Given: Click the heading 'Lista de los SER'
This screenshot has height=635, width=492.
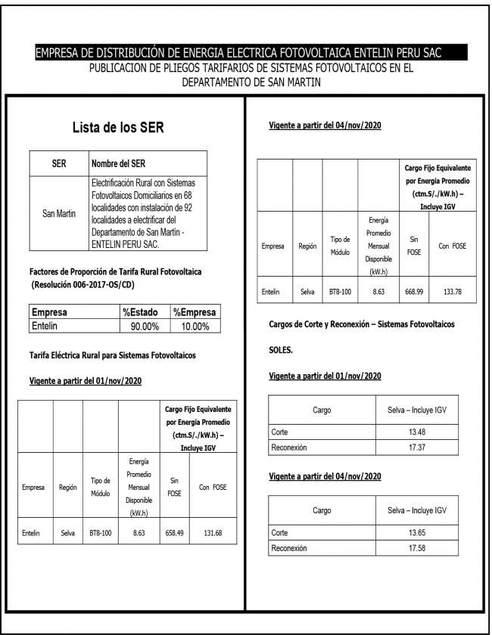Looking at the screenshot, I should pos(117,128).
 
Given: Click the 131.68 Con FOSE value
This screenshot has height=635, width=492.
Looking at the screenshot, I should pos(213,532).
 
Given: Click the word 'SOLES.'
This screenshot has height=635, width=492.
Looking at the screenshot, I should pos(282,351).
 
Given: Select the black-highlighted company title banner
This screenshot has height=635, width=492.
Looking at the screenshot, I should pos(250,53).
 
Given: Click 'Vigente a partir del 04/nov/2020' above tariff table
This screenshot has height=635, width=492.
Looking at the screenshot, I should pos(325,125).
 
